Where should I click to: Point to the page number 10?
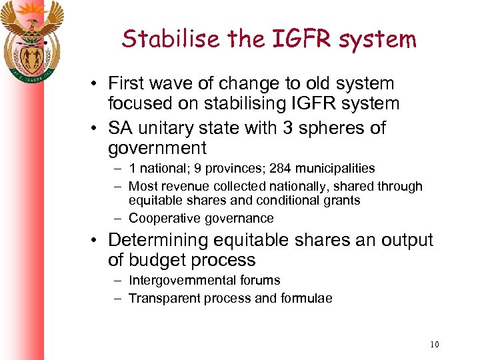point(435,344)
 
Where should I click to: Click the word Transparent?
point(162,298)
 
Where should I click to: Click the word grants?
point(342,201)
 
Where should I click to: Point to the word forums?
point(259,281)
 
